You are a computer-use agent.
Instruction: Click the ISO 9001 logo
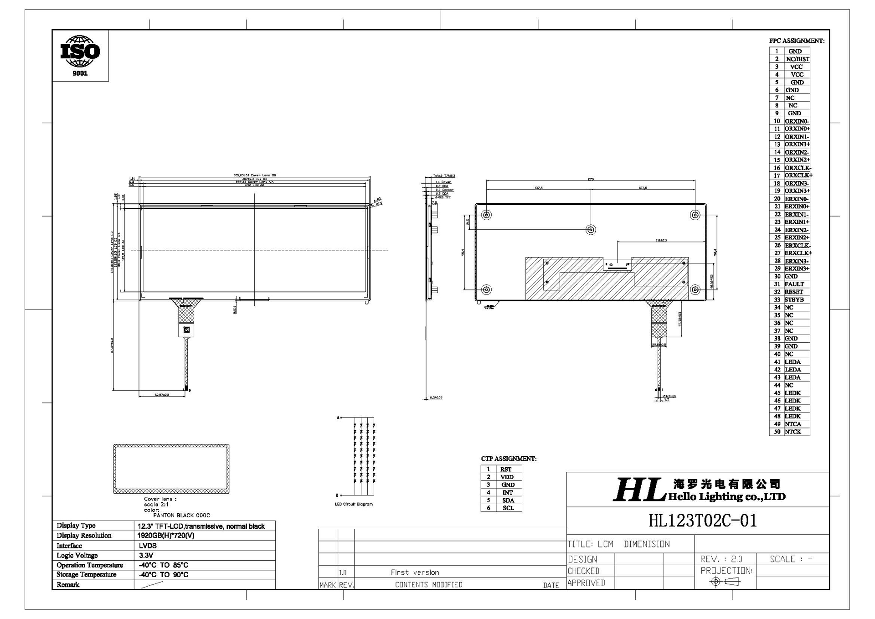click(80, 55)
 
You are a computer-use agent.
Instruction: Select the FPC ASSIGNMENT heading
click(797, 41)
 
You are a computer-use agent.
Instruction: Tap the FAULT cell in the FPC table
click(794, 284)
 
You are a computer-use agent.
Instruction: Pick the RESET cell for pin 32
click(794, 292)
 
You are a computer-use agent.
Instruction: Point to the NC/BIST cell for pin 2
click(797, 59)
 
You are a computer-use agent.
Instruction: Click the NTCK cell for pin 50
click(793, 432)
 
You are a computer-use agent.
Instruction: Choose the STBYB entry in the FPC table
click(794, 299)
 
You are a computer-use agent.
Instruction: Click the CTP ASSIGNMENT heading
click(509, 459)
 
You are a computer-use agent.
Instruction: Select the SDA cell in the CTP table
click(508, 500)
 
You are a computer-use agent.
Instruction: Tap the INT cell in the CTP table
click(508, 492)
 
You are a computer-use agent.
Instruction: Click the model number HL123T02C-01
click(702, 521)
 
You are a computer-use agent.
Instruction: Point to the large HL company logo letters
click(637, 490)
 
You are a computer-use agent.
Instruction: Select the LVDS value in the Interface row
click(148, 546)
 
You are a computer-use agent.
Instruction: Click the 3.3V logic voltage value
click(146, 555)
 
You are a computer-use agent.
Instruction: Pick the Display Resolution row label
click(84, 536)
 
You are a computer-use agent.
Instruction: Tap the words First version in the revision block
click(415, 573)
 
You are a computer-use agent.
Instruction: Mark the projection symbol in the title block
click(725, 582)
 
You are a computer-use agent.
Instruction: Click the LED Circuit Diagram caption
click(354, 504)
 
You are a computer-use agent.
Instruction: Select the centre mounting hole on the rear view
click(591, 230)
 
